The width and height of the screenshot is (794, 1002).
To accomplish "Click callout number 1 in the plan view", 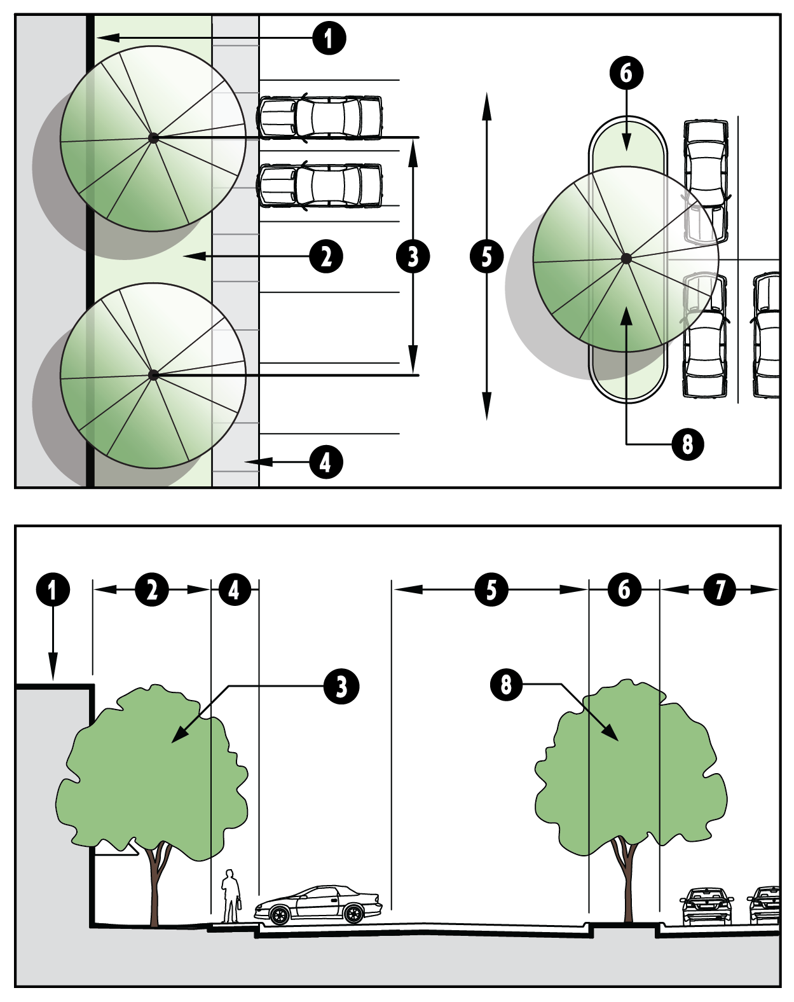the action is pos(329,38).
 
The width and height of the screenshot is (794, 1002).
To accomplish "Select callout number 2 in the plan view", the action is pos(326,257).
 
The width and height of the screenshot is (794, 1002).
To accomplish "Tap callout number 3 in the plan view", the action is pos(413,257).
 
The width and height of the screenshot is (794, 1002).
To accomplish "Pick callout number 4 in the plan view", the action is pos(326,462).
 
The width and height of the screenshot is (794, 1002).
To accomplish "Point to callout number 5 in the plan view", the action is pos(487,257).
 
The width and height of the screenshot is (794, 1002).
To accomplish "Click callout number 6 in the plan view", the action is pos(627,73).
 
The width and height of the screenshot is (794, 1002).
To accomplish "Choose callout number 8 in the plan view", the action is pos(688,444).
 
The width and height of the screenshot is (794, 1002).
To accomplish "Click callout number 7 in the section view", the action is pos(720,589).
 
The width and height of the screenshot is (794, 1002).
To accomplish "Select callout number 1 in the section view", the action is pos(53,589).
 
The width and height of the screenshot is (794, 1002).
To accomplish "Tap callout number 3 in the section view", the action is pos(341,687).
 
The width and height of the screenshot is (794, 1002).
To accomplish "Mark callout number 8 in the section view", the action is pos(507,685).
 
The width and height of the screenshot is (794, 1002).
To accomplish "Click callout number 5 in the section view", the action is pos(491,589).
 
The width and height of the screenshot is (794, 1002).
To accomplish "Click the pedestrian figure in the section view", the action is pos(230,896).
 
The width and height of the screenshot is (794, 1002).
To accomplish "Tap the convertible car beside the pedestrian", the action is pos(318,905).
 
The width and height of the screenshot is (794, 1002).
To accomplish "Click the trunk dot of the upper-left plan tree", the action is pos(153,137).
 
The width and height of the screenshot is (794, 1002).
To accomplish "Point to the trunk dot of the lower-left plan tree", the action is pos(153,375).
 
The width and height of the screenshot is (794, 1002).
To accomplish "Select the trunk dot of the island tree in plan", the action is pos(626,258).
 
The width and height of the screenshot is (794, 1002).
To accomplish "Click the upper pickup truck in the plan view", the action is pos(320,118).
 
